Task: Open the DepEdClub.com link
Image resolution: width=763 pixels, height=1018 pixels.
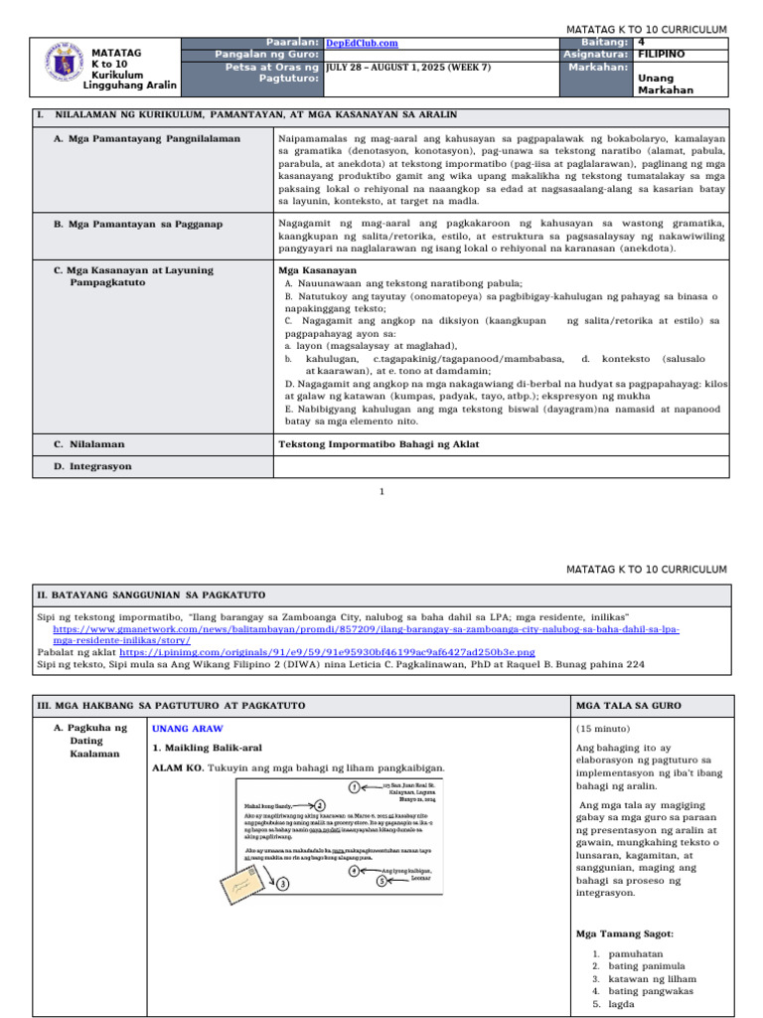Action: pos(362,43)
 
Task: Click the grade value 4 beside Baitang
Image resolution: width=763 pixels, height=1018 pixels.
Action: pos(641,43)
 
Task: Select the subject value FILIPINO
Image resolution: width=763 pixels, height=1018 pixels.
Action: pos(660,55)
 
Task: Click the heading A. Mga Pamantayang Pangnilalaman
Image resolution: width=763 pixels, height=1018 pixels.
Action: pos(147,138)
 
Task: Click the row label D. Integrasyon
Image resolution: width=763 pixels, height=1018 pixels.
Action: pos(92,465)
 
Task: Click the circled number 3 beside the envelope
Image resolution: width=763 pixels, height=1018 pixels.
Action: pos(283,883)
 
